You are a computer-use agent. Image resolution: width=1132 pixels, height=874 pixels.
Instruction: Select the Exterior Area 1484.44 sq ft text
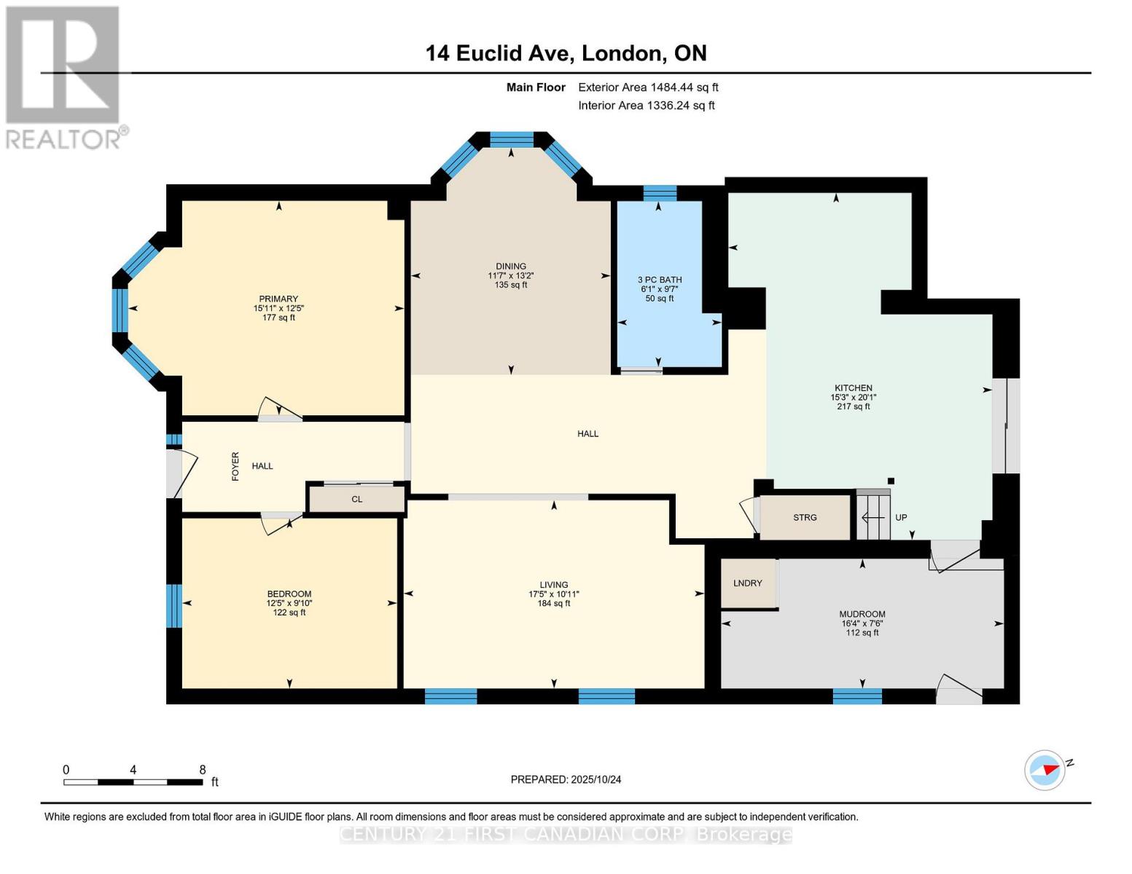(x=648, y=87)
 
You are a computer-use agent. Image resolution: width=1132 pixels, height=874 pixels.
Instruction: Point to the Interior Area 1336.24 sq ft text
(x=646, y=106)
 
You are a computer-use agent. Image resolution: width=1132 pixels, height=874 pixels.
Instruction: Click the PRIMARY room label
(x=278, y=299)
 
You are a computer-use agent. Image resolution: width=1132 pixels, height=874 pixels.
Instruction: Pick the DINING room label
(x=510, y=266)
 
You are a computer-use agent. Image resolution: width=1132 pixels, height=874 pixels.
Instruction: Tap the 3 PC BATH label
(x=660, y=280)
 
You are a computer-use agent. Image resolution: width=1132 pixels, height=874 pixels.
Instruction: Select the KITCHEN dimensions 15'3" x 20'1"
(x=853, y=398)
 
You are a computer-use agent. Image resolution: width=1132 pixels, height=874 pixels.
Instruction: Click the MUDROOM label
(x=862, y=614)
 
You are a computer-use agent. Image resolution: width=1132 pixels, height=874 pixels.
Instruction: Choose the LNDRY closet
(x=748, y=583)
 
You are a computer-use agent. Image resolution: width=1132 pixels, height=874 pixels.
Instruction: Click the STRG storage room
(x=805, y=518)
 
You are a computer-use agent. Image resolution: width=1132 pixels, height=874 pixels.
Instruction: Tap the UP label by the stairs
(x=901, y=518)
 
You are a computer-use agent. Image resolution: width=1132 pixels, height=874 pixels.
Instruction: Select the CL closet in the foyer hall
(x=356, y=500)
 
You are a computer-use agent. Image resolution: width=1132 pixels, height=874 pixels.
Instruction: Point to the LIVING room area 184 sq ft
(x=553, y=603)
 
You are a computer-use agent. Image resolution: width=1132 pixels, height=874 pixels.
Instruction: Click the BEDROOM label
(x=289, y=594)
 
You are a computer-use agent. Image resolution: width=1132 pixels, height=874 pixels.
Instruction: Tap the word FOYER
(x=235, y=466)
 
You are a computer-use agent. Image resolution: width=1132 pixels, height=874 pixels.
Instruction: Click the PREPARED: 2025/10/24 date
(x=566, y=779)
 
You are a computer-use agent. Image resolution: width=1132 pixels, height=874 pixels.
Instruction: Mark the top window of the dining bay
(x=511, y=139)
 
